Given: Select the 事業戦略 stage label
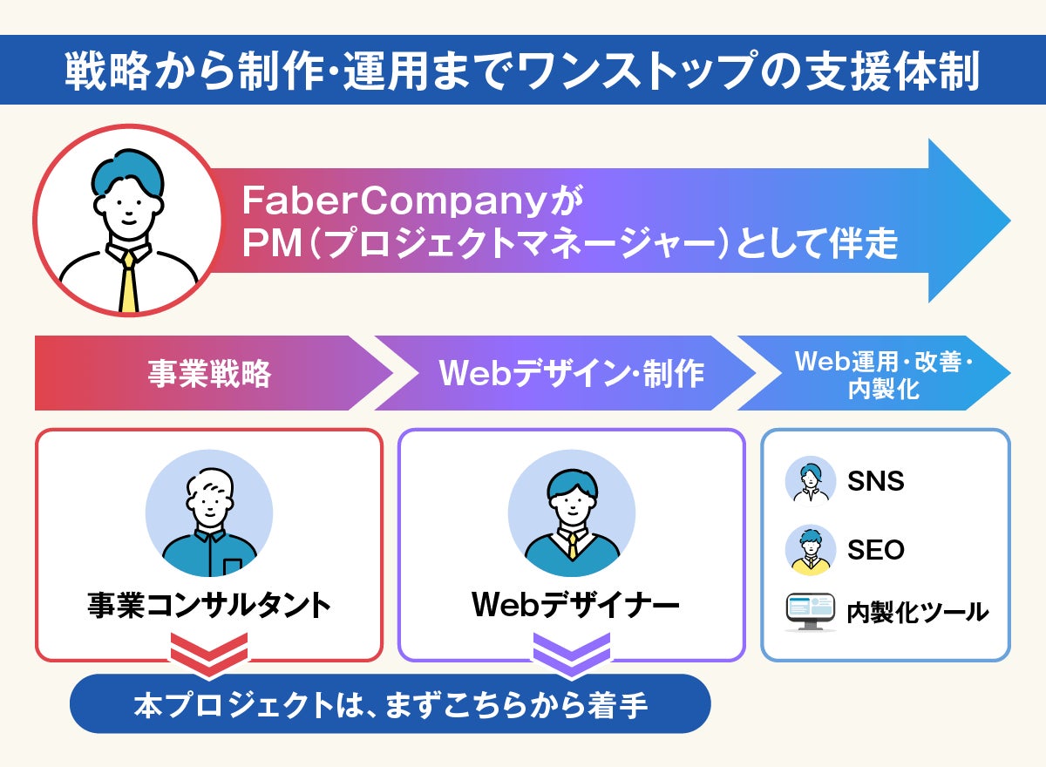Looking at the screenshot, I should (208, 374).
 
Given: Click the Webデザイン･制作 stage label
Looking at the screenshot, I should (571, 374).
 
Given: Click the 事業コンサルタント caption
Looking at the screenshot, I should (209, 605).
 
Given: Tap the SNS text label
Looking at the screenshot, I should (876, 481).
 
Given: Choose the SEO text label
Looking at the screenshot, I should (876, 550).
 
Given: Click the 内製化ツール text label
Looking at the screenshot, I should (918, 612).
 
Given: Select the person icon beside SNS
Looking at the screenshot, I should (811, 481).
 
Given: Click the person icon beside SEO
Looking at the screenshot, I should (811, 550).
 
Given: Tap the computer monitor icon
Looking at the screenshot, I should (811, 612).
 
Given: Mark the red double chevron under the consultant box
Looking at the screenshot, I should (209, 655).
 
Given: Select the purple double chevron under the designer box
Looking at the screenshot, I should (572, 655).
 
